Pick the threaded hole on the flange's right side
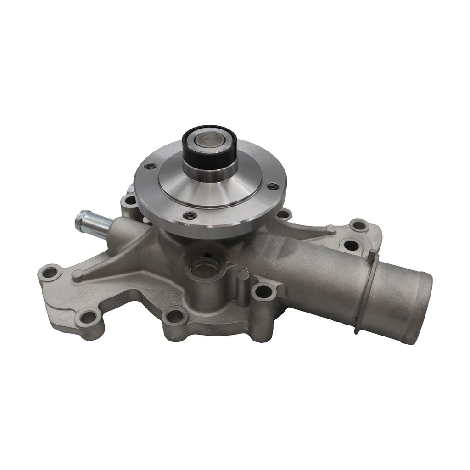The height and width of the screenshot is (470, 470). pos(273,186)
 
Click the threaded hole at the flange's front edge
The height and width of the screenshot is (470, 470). pos(189,215)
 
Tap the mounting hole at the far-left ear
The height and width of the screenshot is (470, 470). pos(50,274)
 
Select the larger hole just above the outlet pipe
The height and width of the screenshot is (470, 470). pos(352,245)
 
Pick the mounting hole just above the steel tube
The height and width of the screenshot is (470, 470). pos(130,200)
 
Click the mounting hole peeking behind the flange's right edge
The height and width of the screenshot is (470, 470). pos(284,214)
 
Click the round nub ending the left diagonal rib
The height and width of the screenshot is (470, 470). pos(78,274)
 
